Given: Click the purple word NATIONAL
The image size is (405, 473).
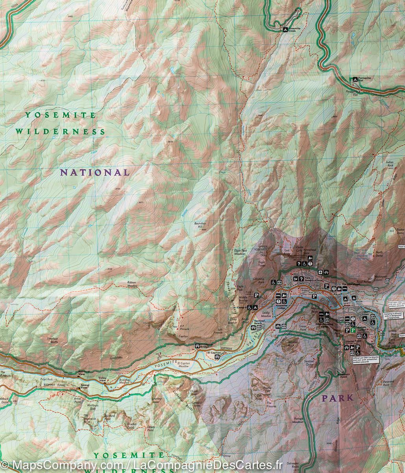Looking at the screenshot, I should pos(94,172).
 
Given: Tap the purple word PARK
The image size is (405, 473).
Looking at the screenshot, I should pos(338,398).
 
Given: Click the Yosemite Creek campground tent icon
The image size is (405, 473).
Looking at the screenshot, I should pos(284,29).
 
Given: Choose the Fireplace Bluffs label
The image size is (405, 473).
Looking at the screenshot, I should pos(52,340).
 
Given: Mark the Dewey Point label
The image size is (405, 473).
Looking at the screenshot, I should pos(151,428).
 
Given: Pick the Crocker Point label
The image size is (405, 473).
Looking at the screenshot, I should pos(131,426).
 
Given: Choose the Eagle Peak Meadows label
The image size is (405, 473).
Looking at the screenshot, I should pos(240,252).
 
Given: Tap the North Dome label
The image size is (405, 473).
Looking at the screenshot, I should pos(379,254).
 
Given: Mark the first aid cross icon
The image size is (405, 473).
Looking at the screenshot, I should pos(320,272).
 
